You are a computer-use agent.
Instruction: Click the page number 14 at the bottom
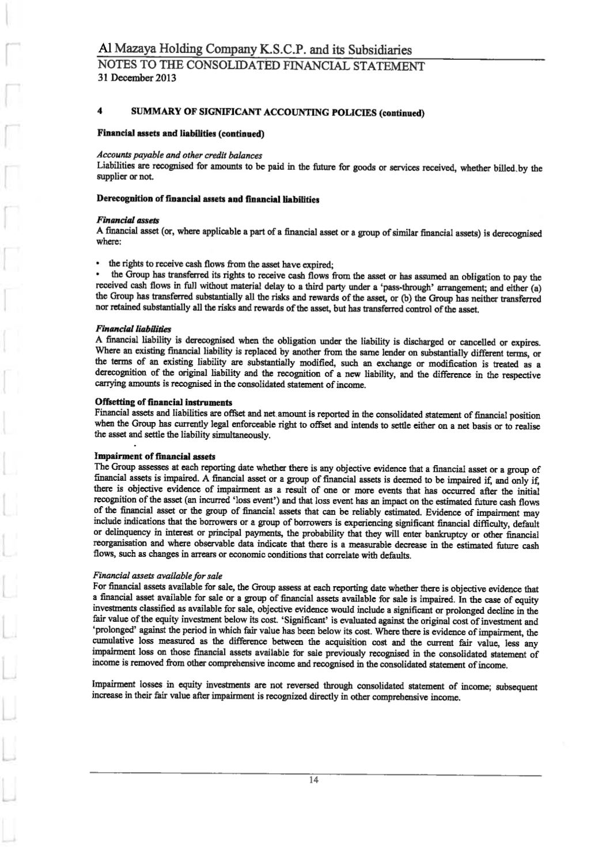(x=314, y=780)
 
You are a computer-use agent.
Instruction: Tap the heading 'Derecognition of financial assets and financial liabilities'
(x=208, y=199)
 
